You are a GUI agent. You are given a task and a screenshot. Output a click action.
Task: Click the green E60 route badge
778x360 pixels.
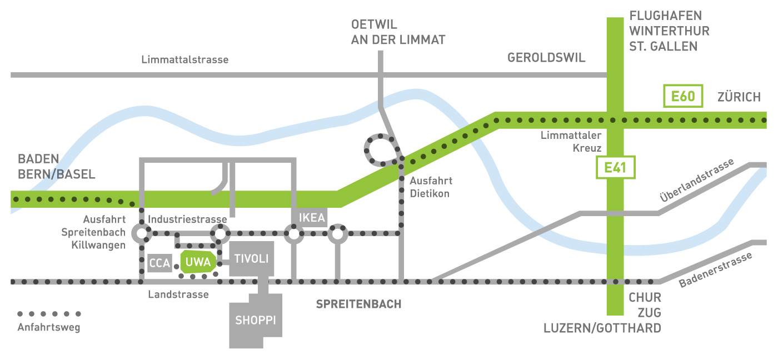point(683,96)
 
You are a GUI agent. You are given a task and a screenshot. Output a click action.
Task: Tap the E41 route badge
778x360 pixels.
point(615,168)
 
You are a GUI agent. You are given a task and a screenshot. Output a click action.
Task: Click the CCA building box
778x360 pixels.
point(159,263)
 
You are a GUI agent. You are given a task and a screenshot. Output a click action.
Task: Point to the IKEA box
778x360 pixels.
point(311,218)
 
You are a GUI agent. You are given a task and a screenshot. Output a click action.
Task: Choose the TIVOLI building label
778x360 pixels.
point(251,259)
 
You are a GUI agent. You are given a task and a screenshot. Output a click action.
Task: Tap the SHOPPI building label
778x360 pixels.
point(255,321)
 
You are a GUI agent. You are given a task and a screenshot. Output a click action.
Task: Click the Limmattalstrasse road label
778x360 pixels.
point(184,59)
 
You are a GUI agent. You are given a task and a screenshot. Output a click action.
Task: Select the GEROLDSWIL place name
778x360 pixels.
point(546,58)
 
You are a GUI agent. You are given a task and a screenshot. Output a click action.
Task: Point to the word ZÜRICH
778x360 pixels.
point(739,97)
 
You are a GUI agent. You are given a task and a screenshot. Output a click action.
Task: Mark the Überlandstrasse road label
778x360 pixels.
point(697,180)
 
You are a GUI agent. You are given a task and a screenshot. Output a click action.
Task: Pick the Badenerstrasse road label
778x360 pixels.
point(716,270)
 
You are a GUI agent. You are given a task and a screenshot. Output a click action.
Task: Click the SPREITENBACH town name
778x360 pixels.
point(358,304)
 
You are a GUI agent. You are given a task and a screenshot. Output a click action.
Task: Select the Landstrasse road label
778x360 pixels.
point(178,294)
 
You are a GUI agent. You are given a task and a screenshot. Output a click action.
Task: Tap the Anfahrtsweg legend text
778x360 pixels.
point(49,327)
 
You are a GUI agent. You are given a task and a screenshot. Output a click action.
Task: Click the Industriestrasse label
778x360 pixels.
point(188,219)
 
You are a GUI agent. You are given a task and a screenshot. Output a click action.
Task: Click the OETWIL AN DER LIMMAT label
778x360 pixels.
point(398,32)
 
